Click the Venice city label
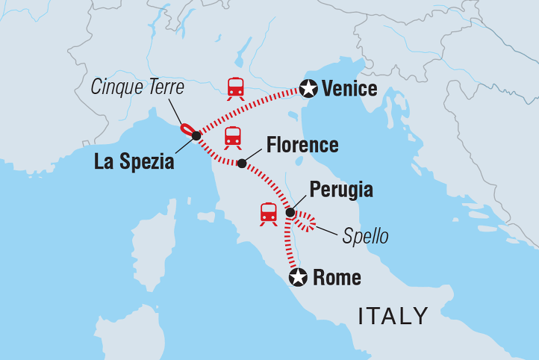pos(349,90)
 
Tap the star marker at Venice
pos(308,89)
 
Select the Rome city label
pos(337,279)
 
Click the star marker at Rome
pos(298,278)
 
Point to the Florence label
pos(302,145)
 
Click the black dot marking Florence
pos(241,163)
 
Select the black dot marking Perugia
pos(290,212)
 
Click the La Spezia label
pos(134,161)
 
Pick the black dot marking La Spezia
pos(196,136)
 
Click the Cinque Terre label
pos(137,87)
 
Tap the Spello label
pos(365,238)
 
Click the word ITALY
pos(393,316)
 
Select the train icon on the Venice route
pos(236,87)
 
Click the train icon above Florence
pos(233,137)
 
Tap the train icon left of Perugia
pos(269,213)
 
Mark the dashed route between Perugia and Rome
pos(288,246)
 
